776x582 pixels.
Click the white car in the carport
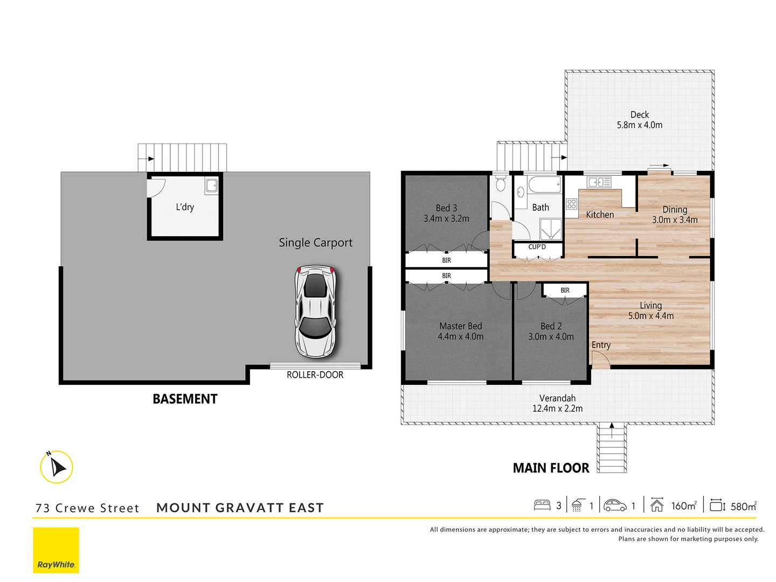315,311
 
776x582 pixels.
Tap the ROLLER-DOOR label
315,375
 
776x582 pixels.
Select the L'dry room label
185,207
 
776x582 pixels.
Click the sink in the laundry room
211,186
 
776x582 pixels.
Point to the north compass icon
56,467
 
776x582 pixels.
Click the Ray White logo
56,550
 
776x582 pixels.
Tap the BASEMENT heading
185,399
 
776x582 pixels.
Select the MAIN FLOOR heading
551,468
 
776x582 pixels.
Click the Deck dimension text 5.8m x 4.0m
640,125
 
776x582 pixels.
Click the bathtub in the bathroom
545,185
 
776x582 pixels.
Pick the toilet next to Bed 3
500,184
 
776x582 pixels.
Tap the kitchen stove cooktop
572,204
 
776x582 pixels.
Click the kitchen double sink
599,182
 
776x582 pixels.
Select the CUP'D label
537,247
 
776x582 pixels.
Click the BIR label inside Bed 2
565,290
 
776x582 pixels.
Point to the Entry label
601,345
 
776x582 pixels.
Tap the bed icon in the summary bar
542,505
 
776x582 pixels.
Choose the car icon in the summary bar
615,505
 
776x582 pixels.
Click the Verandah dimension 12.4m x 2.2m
557,408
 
